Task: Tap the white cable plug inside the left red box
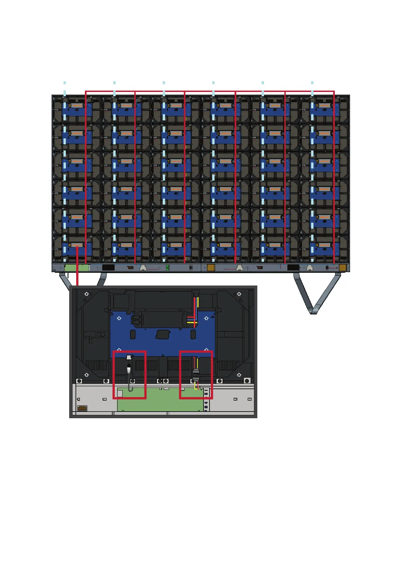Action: click(129, 358)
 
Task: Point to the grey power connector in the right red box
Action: click(196, 374)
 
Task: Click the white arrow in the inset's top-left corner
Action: click(87, 294)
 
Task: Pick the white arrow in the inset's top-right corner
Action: click(239, 294)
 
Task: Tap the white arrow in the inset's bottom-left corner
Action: click(87, 375)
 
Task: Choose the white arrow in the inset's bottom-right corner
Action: click(239, 375)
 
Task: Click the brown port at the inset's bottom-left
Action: click(82, 408)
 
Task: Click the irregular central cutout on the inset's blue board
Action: click(163, 334)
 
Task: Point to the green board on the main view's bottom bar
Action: click(77, 268)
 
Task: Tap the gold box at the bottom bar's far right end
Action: click(343, 267)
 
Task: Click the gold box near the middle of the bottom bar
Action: click(211, 267)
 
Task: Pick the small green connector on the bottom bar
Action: click(168, 267)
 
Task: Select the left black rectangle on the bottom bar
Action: click(108, 267)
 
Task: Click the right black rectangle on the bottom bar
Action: click(293, 267)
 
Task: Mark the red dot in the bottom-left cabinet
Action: click(77, 247)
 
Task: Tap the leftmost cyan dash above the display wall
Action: click(65, 83)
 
